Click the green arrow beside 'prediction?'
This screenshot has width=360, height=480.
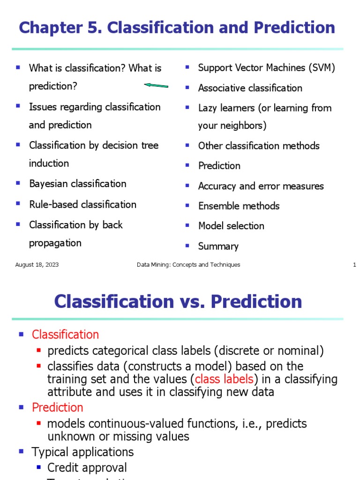[x=156, y=86]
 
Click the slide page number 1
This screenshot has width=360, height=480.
[x=354, y=265]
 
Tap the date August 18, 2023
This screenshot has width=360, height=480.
[x=37, y=265]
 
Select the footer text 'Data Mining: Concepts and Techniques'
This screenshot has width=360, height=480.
[x=188, y=265]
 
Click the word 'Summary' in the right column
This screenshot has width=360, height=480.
[x=218, y=246]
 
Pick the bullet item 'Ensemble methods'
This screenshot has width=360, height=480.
[x=239, y=206]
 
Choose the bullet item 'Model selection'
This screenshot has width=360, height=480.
[x=231, y=226]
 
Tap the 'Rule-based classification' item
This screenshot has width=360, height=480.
[x=82, y=204]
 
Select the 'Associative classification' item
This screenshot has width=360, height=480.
[x=250, y=88]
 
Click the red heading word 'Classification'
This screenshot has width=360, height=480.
[x=65, y=335]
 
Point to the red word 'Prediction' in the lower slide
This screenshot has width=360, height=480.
[x=57, y=407]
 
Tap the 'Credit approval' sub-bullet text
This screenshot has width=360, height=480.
[x=87, y=468]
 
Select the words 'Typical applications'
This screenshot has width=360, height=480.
[x=82, y=452]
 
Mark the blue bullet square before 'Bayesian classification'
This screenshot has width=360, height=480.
[x=18, y=183]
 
